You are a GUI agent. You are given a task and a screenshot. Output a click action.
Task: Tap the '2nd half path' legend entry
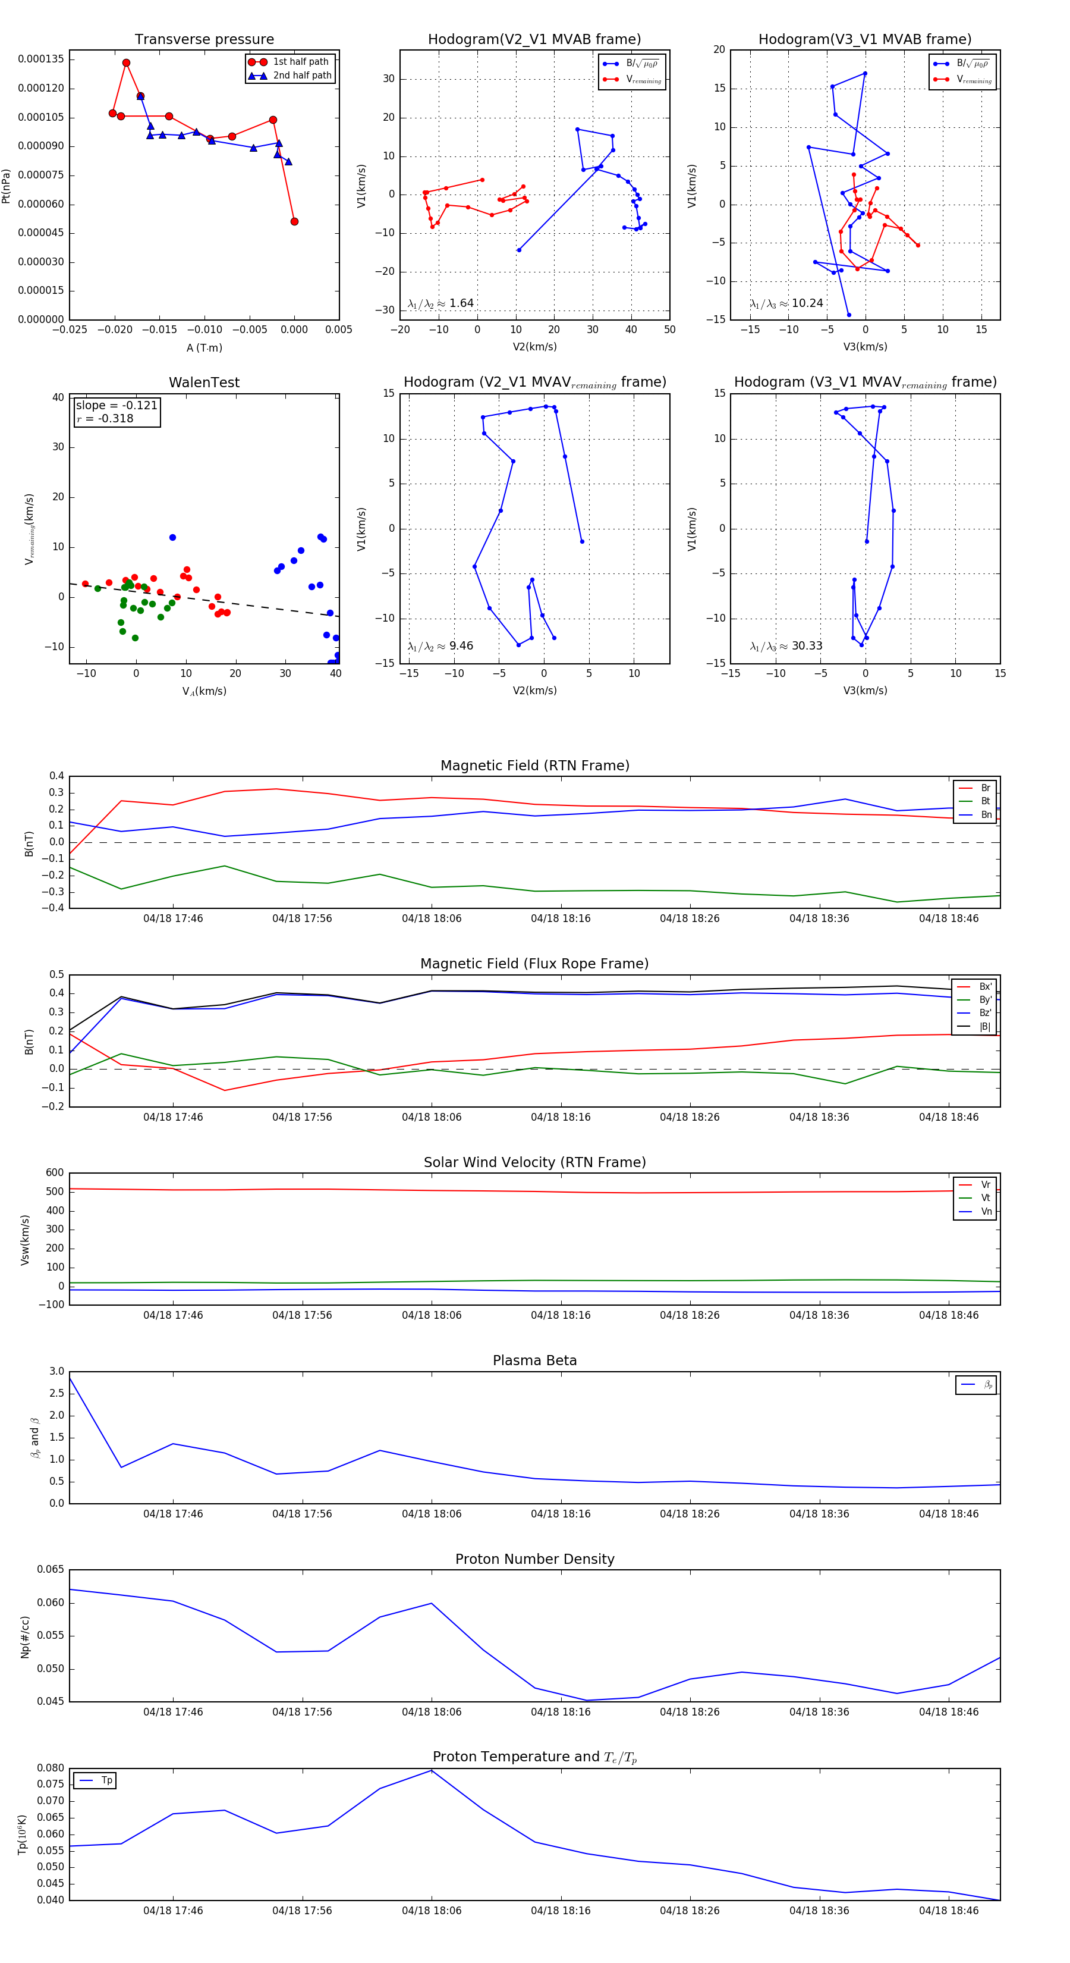tap(301, 76)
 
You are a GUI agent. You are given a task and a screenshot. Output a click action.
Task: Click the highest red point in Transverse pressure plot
tap(127, 63)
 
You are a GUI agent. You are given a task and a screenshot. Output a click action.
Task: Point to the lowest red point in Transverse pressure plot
tap(295, 222)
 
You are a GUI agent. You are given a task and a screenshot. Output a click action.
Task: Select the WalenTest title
tap(204, 382)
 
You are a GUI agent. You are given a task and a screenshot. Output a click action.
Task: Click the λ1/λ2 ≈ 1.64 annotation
tap(441, 303)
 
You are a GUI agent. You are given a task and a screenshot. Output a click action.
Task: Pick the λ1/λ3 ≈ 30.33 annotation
tap(786, 646)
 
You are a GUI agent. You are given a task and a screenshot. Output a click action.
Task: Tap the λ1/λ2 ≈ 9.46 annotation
tap(441, 646)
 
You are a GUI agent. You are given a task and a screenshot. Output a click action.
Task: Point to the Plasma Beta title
tap(534, 1361)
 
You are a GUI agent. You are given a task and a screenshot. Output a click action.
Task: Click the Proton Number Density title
tap(534, 1559)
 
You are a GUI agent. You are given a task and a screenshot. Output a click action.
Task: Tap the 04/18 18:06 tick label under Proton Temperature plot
tap(431, 1911)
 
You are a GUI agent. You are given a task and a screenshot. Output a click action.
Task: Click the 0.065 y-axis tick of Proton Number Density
tap(51, 1570)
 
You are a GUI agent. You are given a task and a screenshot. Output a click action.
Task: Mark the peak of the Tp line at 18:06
tap(432, 1770)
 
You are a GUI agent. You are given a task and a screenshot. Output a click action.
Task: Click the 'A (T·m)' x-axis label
tap(204, 348)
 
